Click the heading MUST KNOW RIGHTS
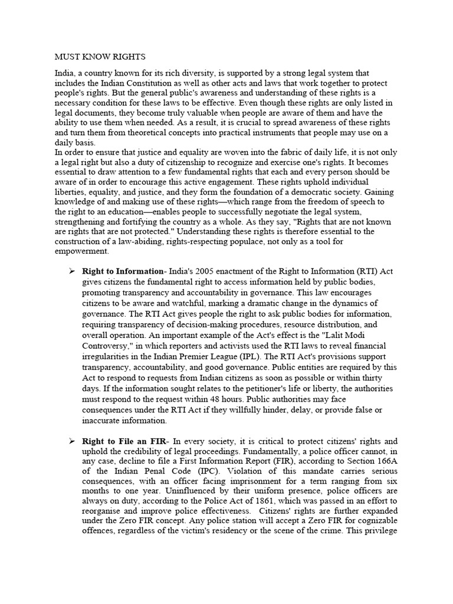[x=100, y=57]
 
